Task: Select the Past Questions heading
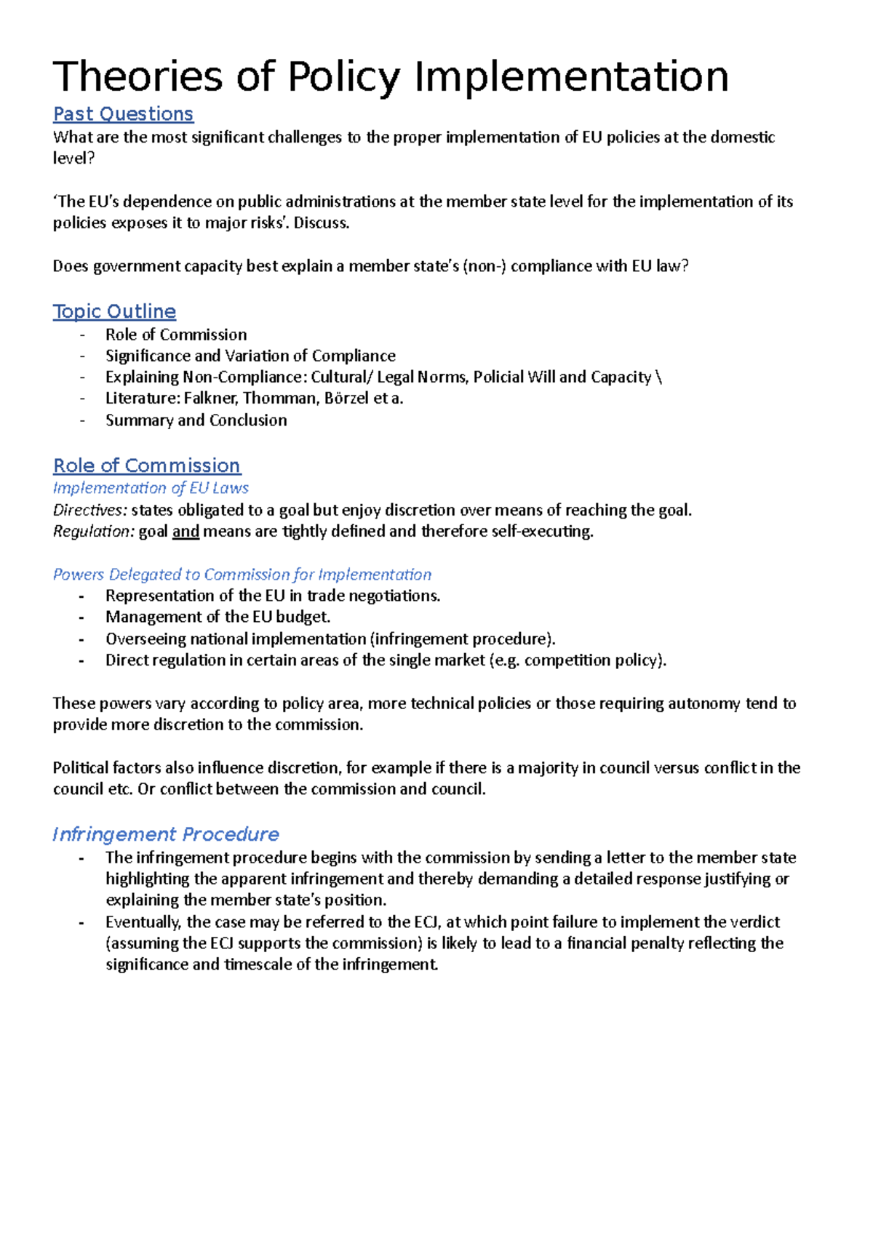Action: pos(123,114)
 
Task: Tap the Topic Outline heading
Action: pos(114,311)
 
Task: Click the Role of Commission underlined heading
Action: pos(146,465)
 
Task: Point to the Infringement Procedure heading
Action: pos(166,834)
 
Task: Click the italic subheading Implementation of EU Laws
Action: pos(151,488)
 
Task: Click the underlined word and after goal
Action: pos(186,532)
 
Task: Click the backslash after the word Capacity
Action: pos(659,377)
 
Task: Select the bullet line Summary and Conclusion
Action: pos(196,420)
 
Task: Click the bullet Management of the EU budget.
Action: pos(218,617)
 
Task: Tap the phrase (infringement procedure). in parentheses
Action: pos(463,639)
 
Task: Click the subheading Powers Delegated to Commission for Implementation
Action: pos(242,575)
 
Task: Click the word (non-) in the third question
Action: pos(484,266)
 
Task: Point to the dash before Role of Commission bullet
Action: pos(82,335)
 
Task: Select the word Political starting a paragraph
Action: pos(81,768)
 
